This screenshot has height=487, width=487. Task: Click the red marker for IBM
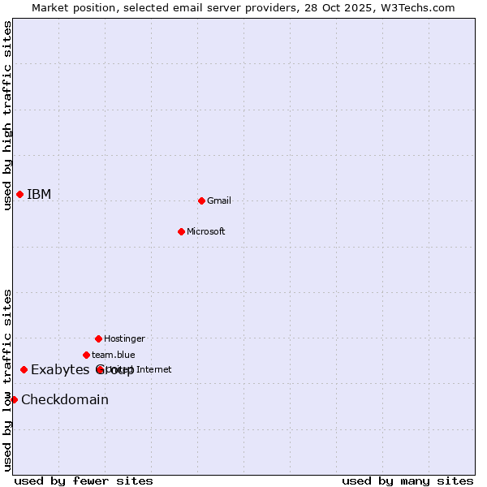(19, 194)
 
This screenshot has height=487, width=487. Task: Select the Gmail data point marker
(201, 200)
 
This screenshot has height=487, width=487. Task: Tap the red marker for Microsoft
(181, 231)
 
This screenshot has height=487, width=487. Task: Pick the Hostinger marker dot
(98, 338)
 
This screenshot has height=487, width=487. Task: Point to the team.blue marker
(86, 355)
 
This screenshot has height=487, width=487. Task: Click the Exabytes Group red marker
(24, 370)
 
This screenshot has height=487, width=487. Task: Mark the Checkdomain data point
(14, 399)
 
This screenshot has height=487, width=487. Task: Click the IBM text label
(39, 194)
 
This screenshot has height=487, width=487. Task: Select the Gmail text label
(219, 200)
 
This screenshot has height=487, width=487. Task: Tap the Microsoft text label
(206, 231)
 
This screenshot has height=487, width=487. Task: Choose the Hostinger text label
(124, 338)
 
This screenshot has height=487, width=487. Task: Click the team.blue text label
(114, 355)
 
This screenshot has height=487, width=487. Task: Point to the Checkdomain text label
(65, 399)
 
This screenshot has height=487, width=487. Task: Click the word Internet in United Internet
(154, 369)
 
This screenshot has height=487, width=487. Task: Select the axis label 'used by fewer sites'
(84, 481)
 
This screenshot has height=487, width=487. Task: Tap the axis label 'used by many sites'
(407, 481)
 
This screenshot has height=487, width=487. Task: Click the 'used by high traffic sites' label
(7, 115)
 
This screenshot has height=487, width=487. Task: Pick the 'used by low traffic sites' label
(7, 380)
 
